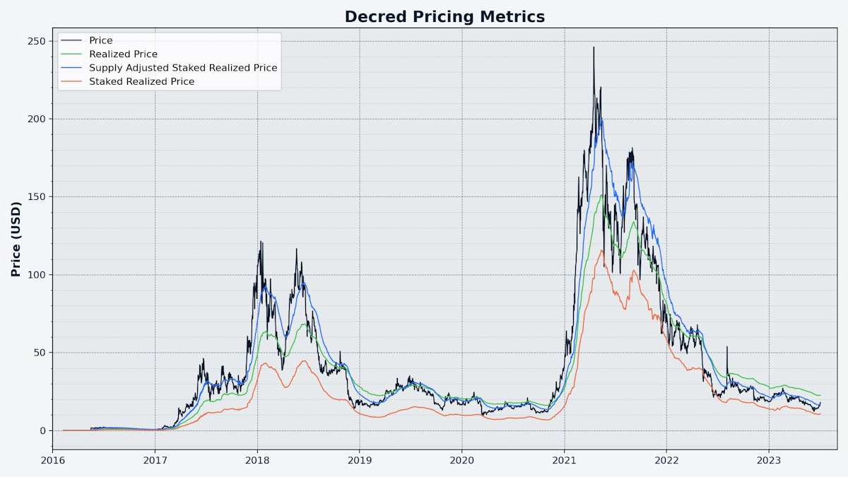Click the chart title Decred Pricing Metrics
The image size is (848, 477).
pos(444,16)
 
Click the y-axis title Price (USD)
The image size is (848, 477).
pos(16,239)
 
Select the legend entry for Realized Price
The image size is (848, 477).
pos(123,54)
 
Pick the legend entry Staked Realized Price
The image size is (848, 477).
pos(141,82)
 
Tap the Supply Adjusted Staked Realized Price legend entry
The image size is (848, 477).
pos(183,68)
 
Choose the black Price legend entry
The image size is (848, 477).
pos(100,40)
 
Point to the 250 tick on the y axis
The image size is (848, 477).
pos(37,41)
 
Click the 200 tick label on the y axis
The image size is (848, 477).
pos(37,119)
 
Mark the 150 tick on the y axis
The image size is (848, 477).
pos(37,196)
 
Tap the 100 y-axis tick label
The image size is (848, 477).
pos(37,275)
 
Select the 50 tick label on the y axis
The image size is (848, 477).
pos(40,353)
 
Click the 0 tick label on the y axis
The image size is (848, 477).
pos(42,430)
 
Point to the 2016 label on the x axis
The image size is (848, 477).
pos(53,461)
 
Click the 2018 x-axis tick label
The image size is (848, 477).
pos(257,461)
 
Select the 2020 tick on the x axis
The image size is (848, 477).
pos(461,461)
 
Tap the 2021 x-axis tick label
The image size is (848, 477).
pos(564,461)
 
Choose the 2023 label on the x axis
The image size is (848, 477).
pos(769,461)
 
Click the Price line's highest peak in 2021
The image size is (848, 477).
pos(594,47)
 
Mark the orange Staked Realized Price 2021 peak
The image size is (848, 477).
pos(601,249)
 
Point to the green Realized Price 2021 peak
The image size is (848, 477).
pos(601,195)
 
